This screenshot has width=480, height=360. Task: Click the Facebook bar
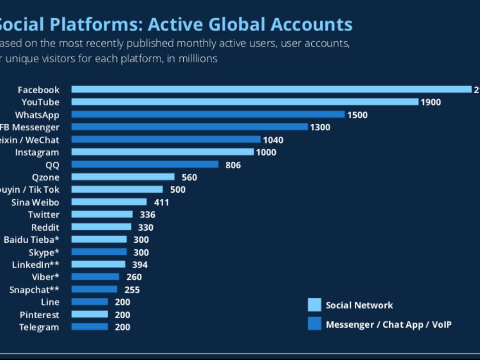coord(271,90)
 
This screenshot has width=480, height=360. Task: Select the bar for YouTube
coord(245,102)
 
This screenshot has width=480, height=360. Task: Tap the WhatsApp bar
coord(208,114)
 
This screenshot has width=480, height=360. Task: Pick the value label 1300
coord(320,127)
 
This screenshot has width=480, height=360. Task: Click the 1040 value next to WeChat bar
coord(273,140)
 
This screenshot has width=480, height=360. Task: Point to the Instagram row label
coord(37,152)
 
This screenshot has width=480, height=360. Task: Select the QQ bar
coord(145,165)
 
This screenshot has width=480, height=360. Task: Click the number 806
coord(233,165)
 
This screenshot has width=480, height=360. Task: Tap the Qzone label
coord(45,177)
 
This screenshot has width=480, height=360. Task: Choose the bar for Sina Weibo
coord(109,202)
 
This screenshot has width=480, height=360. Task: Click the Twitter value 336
coord(147,215)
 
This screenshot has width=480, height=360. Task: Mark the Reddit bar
coord(101,227)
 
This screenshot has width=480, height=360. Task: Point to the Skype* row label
coord(44,252)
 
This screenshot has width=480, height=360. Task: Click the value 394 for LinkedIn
coord(140,265)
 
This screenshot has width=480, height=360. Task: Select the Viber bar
coord(95,277)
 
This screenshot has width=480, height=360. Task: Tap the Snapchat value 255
coord(132,290)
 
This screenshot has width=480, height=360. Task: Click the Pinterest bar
coord(90,315)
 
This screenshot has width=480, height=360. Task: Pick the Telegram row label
coord(39,327)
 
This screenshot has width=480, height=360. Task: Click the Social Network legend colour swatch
coord(315,305)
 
